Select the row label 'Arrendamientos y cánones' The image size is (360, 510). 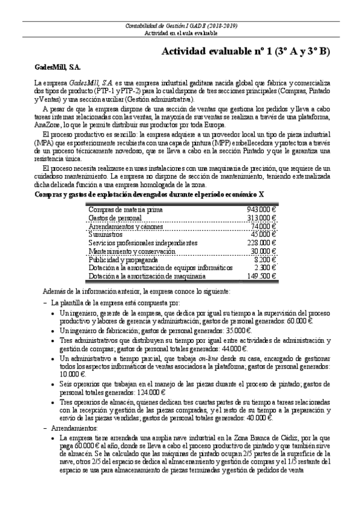(x=126, y=226)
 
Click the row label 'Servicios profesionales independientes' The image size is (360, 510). (x=142, y=242)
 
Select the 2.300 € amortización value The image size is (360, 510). (x=264, y=268)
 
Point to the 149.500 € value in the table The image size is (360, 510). (x=261, y=276)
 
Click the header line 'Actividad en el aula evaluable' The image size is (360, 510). (x=180, y=33)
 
